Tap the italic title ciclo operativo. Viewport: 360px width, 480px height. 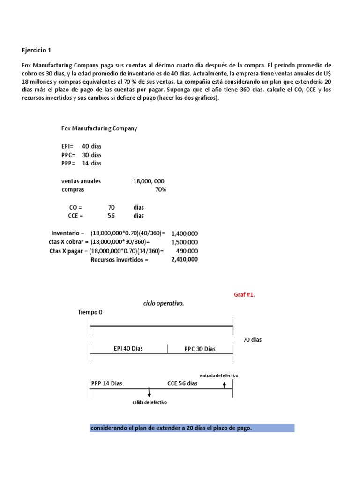click(x=164, y=303)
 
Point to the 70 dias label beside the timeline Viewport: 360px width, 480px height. click(x=252, y=340)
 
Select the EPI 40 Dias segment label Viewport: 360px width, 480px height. click(x=128, y=349)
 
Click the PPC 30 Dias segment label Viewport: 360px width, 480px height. click(x=200, y=349)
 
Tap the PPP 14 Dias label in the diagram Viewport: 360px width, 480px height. click(x=106, y=383)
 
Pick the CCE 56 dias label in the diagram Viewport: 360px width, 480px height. click(x=182, y=383)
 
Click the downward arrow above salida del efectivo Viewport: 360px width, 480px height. click(x=149, y=392)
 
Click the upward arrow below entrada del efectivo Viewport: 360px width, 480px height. click(x=225, y=384)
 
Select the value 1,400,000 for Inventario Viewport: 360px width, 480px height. click(x=185, y=233)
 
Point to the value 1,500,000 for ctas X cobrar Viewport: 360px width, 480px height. click(x=185, y=242)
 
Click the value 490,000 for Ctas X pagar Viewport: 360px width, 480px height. click(x=187, y=251)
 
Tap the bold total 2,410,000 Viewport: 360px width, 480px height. click(x=184, y=259)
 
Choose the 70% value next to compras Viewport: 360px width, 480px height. click(x=160, y=190)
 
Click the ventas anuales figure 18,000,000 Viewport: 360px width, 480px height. click(x=149, y=181)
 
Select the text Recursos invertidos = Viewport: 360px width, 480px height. click(x=119, y=260)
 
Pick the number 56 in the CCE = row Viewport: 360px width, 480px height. click(x=111, y=216)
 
